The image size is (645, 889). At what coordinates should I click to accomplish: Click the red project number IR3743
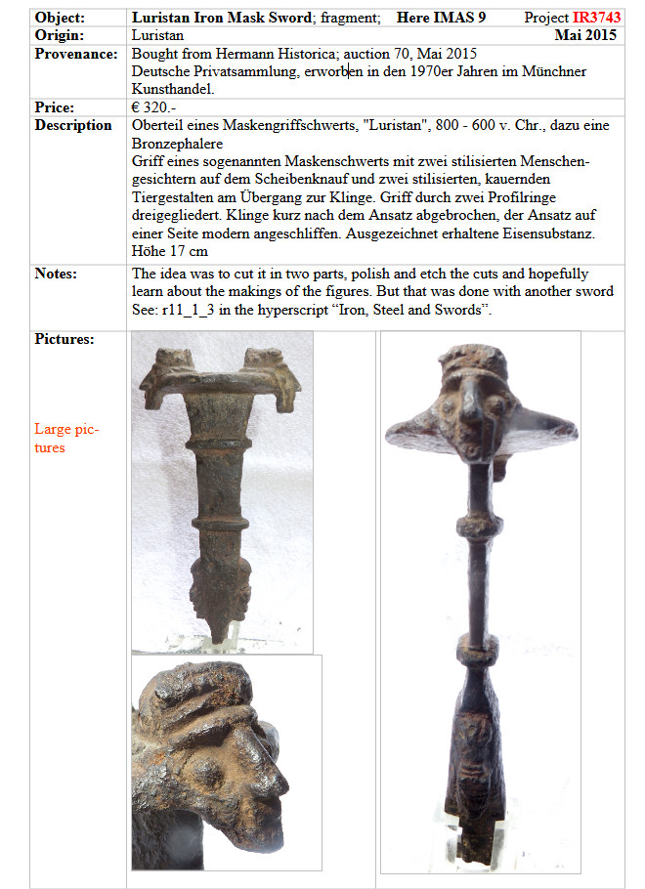pyautogui.click(x=597, y=18)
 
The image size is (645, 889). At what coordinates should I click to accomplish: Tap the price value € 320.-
pyautogui.click(x=158, y=107)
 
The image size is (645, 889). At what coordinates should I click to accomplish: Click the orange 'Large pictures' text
pyautogui.click(x=66, y=438)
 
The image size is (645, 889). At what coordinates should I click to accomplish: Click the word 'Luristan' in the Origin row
pyautogui.click(x=157, y=35)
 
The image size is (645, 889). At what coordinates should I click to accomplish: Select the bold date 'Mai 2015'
pyautogui.click(x=587, y=35)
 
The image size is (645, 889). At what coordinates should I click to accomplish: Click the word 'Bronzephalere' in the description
pyautogui.click(x=177, y=143)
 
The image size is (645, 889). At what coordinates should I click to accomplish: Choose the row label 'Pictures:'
pyautogui.click(x=64, y=339)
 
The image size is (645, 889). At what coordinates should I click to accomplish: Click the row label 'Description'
pyautogui.click(x=73, y=125)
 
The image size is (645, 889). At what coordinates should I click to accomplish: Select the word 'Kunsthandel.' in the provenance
pyautogui.click(x=176, y=89)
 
